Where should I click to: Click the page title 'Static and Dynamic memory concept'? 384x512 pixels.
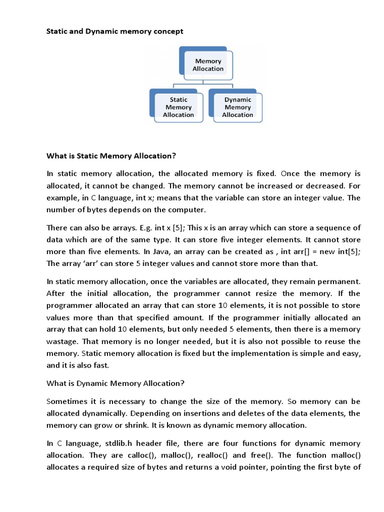coord(114,31)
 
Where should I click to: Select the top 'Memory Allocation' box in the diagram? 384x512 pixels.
coord(208,64)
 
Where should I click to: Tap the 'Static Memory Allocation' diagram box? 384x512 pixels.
coord(178,107)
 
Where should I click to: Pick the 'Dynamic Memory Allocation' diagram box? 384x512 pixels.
coord(237,107)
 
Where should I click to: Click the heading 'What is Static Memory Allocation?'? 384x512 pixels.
coord(111,156)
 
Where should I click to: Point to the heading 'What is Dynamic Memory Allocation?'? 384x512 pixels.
coord(115,383)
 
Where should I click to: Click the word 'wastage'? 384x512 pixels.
coord(64,341)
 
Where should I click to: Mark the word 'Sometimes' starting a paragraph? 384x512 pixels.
coord(65,401)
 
